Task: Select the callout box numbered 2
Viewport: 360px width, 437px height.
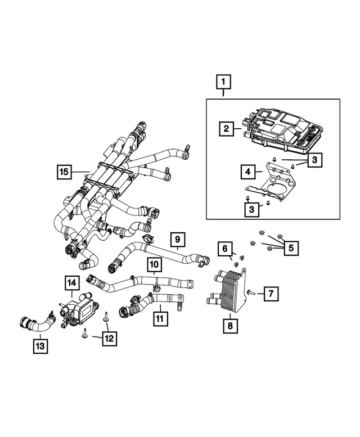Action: pyautogui.click(x=226, y=129)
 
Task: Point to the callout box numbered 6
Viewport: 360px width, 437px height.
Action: pyautogui.click(x=225, y=249)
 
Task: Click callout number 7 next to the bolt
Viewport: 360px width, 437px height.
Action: pyautogui.click(x=271, y=293)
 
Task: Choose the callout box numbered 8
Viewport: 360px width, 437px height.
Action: pyautogui.click(x=230, y=325)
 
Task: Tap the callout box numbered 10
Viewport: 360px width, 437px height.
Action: pyautogui.click(x=154, y=264)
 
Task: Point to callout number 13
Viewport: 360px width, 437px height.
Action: pyautogui.click(x=40, y=344)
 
